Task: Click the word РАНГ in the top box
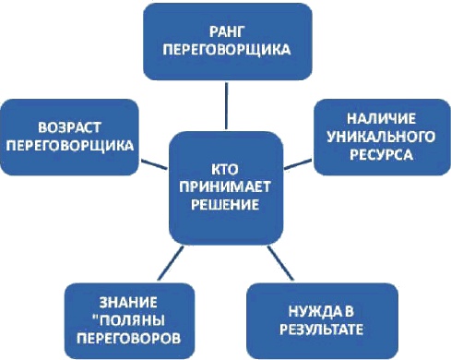225,30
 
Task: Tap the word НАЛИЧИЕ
378,119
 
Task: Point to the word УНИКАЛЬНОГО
378,137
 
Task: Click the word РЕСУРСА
378,154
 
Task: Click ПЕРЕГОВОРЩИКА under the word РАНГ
225,47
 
